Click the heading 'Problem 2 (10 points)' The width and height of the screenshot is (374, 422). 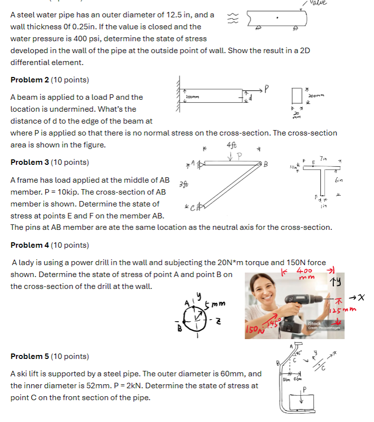(x=50, y=80)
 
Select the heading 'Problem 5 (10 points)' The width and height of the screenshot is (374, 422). (x=50, y=356)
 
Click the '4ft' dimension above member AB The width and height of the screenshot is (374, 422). (x=231, y=146)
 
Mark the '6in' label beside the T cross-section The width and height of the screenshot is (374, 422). (x=339, y=180)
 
